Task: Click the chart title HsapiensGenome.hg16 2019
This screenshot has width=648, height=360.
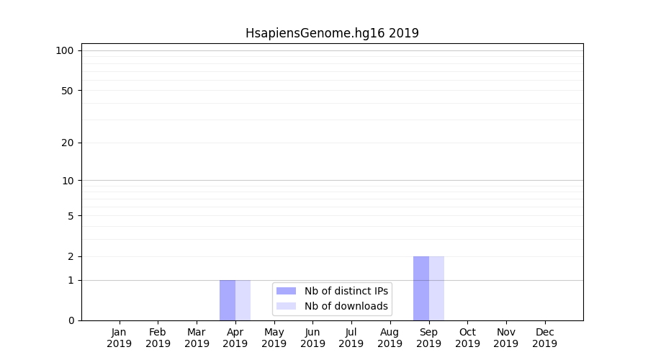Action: [332, 33]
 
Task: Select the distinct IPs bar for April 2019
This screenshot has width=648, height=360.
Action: [228, 300]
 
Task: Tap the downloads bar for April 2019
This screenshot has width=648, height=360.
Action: [243, 300]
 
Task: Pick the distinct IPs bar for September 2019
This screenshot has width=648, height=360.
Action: [421, 288]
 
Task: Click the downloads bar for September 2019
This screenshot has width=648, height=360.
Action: [437, 288]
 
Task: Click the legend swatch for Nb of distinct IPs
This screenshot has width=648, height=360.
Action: [286, 291]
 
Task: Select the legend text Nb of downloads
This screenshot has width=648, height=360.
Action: [346, 306]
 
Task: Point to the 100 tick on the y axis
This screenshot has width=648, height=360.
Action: [65, 50]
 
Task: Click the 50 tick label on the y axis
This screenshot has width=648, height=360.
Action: [68, 91]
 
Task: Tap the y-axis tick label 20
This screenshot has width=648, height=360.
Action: [68, 143]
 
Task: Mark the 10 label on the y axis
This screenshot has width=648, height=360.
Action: [68, 181]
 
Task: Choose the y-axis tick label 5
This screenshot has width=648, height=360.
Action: [71, 216]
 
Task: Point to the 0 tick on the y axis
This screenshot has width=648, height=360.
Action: [71, 320]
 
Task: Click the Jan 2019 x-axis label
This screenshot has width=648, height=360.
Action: [120, 338]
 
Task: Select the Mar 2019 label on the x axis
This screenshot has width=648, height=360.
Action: [197, 338]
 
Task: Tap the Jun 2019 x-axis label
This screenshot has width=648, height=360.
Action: [312, 338]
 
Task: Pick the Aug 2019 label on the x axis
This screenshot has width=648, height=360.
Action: [390, 338]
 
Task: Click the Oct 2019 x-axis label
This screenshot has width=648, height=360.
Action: [467, 338]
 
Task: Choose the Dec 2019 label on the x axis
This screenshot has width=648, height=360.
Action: [544, 338]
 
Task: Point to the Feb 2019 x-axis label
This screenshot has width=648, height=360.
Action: [158, 338]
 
